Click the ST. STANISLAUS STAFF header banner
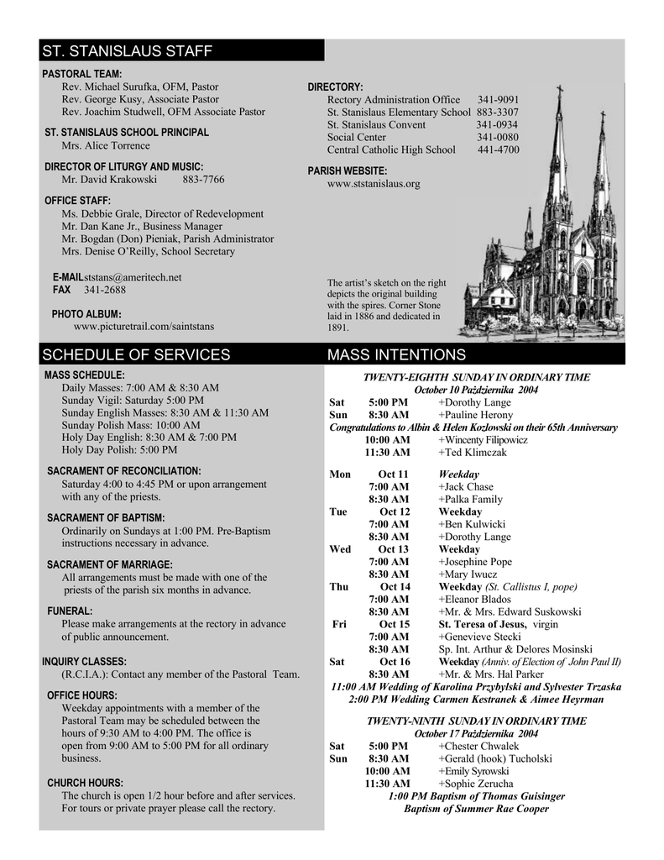pyautogui.click(x=127, y=51)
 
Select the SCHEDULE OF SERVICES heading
pyautogui.click(x=136, y=354)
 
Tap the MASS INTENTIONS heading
pyautogui.click(x=396, y=354)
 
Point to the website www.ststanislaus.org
pyautogui.click(x=374, y=183)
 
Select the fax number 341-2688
pyautogui.click(x=105, y=290)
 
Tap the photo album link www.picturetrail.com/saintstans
pyautogui.click(x=144, y=326)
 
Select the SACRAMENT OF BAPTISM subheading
pyautogui.click(x=106, y=517)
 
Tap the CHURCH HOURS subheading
pyautogui.click(x=85, y=783)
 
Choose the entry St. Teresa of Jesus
pyautogui.click(x=483, y=624)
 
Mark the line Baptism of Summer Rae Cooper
pyautogui.click(x=476, y=809)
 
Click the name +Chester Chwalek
pyautogui.click(x=478, y=746)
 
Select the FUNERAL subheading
pyautogui.click(x=70, y=611)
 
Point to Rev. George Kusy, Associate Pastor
pyautogui.click(x=140, y=99)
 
